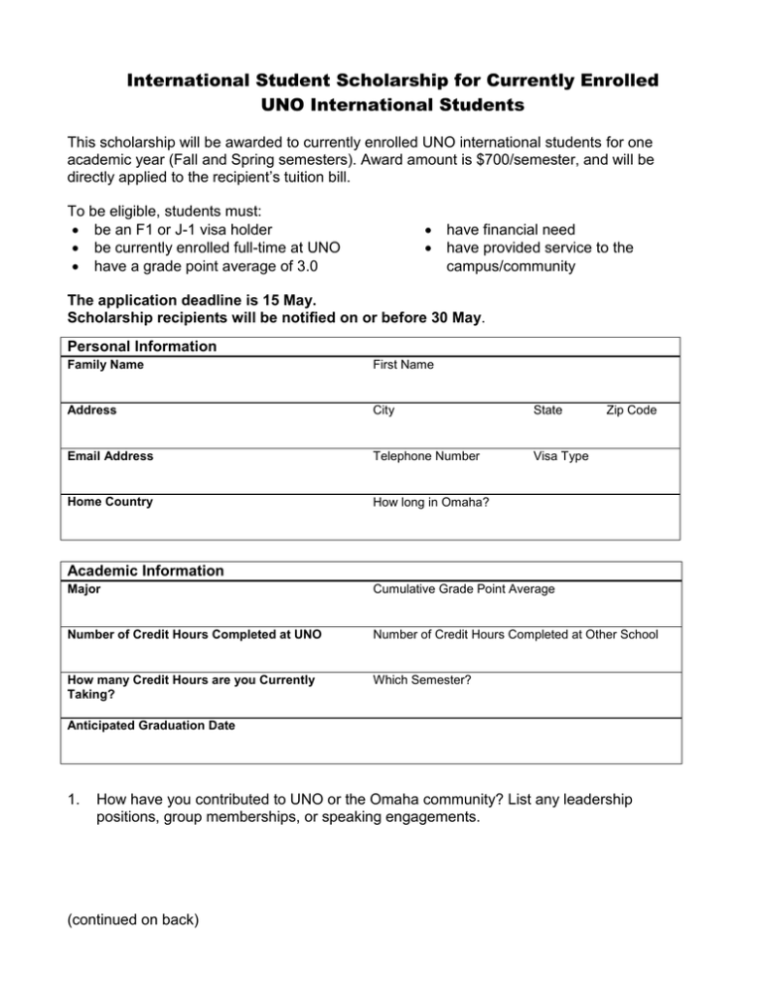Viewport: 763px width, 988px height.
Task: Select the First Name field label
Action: click(402, 365)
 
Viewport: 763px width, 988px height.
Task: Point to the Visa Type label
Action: click(560, 456)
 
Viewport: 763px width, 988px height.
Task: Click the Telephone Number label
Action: click(426, 456)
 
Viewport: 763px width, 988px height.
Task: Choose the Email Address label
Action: click(110, 456)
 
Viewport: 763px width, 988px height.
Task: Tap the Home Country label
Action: click(109, 502)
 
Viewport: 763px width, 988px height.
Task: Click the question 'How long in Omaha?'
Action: click(430, 502)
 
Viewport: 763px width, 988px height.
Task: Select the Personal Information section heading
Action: click(141, 346)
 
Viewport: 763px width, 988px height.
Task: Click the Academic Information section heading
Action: click(145, 571)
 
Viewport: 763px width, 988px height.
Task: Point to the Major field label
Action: click(83, 589)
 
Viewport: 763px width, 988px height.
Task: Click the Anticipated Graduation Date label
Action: click(151, 726)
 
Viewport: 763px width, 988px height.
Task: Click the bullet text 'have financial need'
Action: click(511, 230)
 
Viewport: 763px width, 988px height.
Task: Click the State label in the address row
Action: click(547, 411)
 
